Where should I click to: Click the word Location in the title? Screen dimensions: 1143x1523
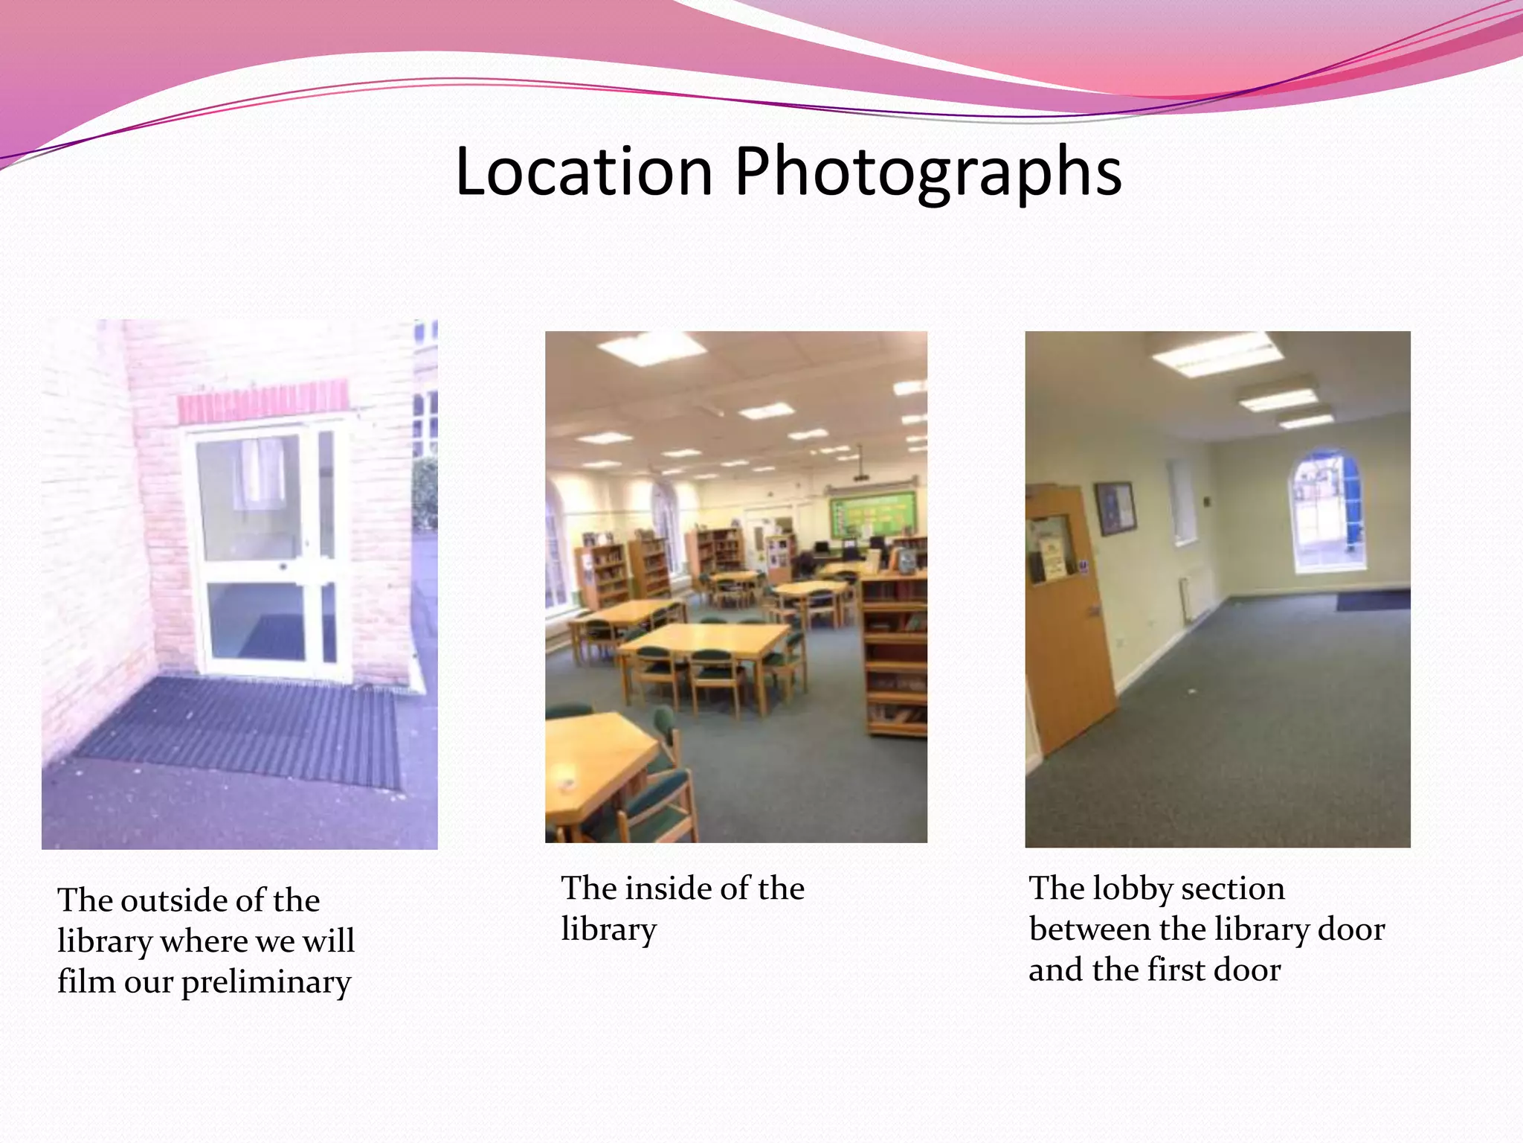tap(584, 172)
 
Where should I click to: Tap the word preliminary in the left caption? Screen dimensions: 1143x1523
tap(265, 982)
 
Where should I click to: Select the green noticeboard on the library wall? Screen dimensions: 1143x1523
tap(872, 513)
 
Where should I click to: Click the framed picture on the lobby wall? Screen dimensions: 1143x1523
tap(1115, 508)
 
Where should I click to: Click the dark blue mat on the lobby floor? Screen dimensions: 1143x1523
tap(1372, 600)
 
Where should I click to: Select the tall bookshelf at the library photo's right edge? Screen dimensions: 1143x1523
tap(895, 655)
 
